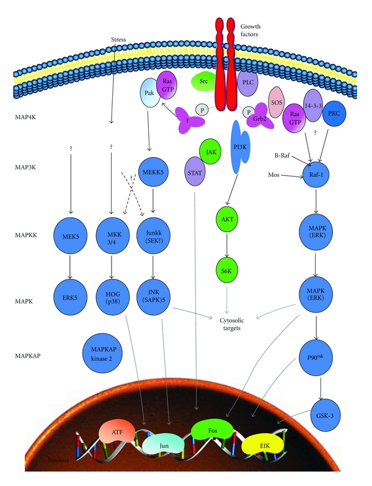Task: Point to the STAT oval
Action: [x=194, y=167]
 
